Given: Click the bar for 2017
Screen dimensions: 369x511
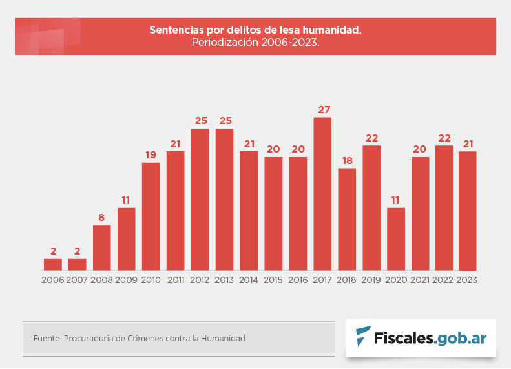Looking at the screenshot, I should click(322, 194).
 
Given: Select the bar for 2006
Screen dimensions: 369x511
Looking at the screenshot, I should click(53, 264).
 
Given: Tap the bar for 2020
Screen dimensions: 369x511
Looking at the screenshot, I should click(396, 239).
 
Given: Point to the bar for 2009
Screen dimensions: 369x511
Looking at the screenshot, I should click(127, 239).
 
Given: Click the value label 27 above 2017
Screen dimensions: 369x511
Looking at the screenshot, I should click(323, 109).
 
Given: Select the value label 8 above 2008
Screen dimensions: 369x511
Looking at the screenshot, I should click(101, 217).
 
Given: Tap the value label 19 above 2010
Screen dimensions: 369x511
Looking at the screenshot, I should click(151, 154).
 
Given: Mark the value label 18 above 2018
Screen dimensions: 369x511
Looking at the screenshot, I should click(347, 160).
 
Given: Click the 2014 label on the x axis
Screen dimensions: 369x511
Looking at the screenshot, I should click(249, 280).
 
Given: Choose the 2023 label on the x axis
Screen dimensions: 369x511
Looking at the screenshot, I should click(467, 280).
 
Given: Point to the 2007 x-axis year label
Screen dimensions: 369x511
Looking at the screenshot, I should click(77, 280).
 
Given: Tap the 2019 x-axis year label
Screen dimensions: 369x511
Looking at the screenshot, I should click(371, 280).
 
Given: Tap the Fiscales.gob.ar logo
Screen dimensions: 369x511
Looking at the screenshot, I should click(421, 337).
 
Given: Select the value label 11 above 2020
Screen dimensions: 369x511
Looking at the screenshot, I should click(396, 200).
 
